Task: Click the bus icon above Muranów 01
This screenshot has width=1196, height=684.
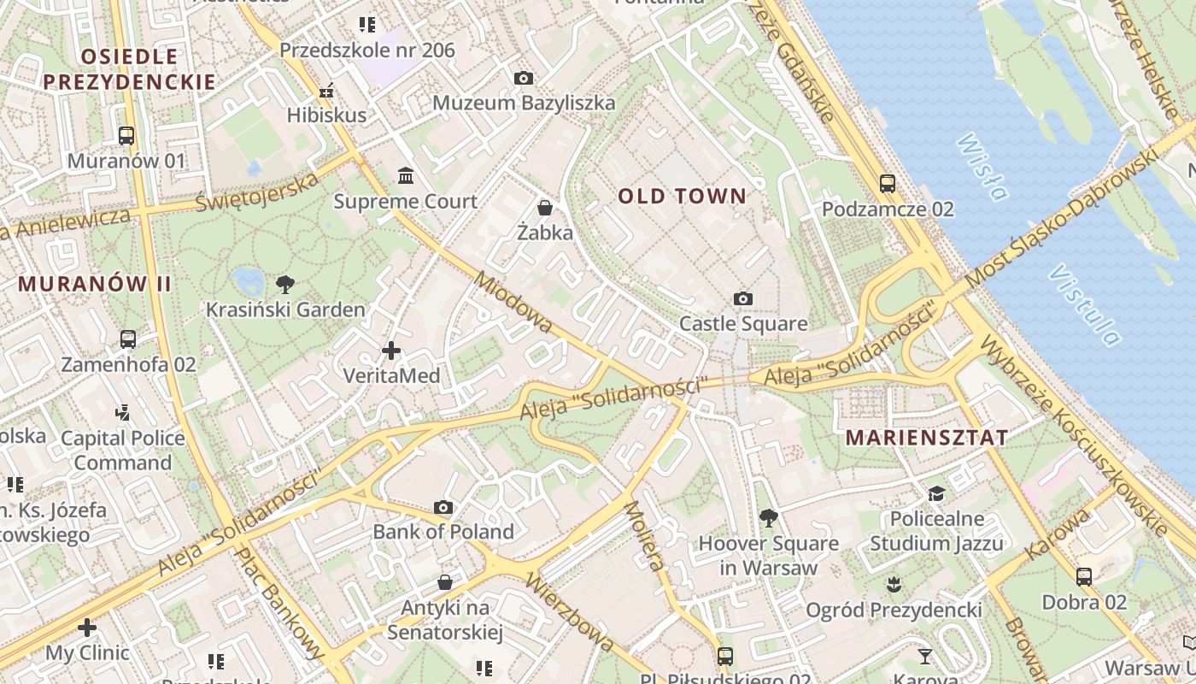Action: (x=126, y=135)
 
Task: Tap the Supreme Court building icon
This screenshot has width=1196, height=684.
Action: (x=406, y=175)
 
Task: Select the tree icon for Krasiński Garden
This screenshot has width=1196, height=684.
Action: (x=285, y=284)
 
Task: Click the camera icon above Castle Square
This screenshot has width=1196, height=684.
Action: (x=743, y=298)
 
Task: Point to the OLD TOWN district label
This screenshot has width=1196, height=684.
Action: (x=682, y=197)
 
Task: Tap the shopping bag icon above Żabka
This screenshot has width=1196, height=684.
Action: (x=545, y=207)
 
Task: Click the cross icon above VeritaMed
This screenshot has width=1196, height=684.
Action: (x=391, y=351)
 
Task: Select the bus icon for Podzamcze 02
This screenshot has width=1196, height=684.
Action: (x=888, y=183)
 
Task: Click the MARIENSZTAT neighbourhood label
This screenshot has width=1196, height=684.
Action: (x=927, y=438)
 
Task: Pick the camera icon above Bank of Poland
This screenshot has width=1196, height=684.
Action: (x=443, y=507)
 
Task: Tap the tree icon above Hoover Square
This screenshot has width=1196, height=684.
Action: (x=768, y=517)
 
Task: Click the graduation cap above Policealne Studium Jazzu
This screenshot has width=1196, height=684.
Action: (x=936, y=494)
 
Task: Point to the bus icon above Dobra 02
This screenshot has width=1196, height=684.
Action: (x=1084, y=576)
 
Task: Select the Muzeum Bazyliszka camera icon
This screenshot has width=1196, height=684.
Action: (x=524, y=78)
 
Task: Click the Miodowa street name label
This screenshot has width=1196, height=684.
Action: (x=513, y=303)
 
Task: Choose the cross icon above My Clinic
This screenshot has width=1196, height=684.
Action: (x=87, y=628)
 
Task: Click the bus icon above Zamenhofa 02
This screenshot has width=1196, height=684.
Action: (x=128, y=339)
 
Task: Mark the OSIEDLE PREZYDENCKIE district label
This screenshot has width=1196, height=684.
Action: (x=129, y=69)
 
